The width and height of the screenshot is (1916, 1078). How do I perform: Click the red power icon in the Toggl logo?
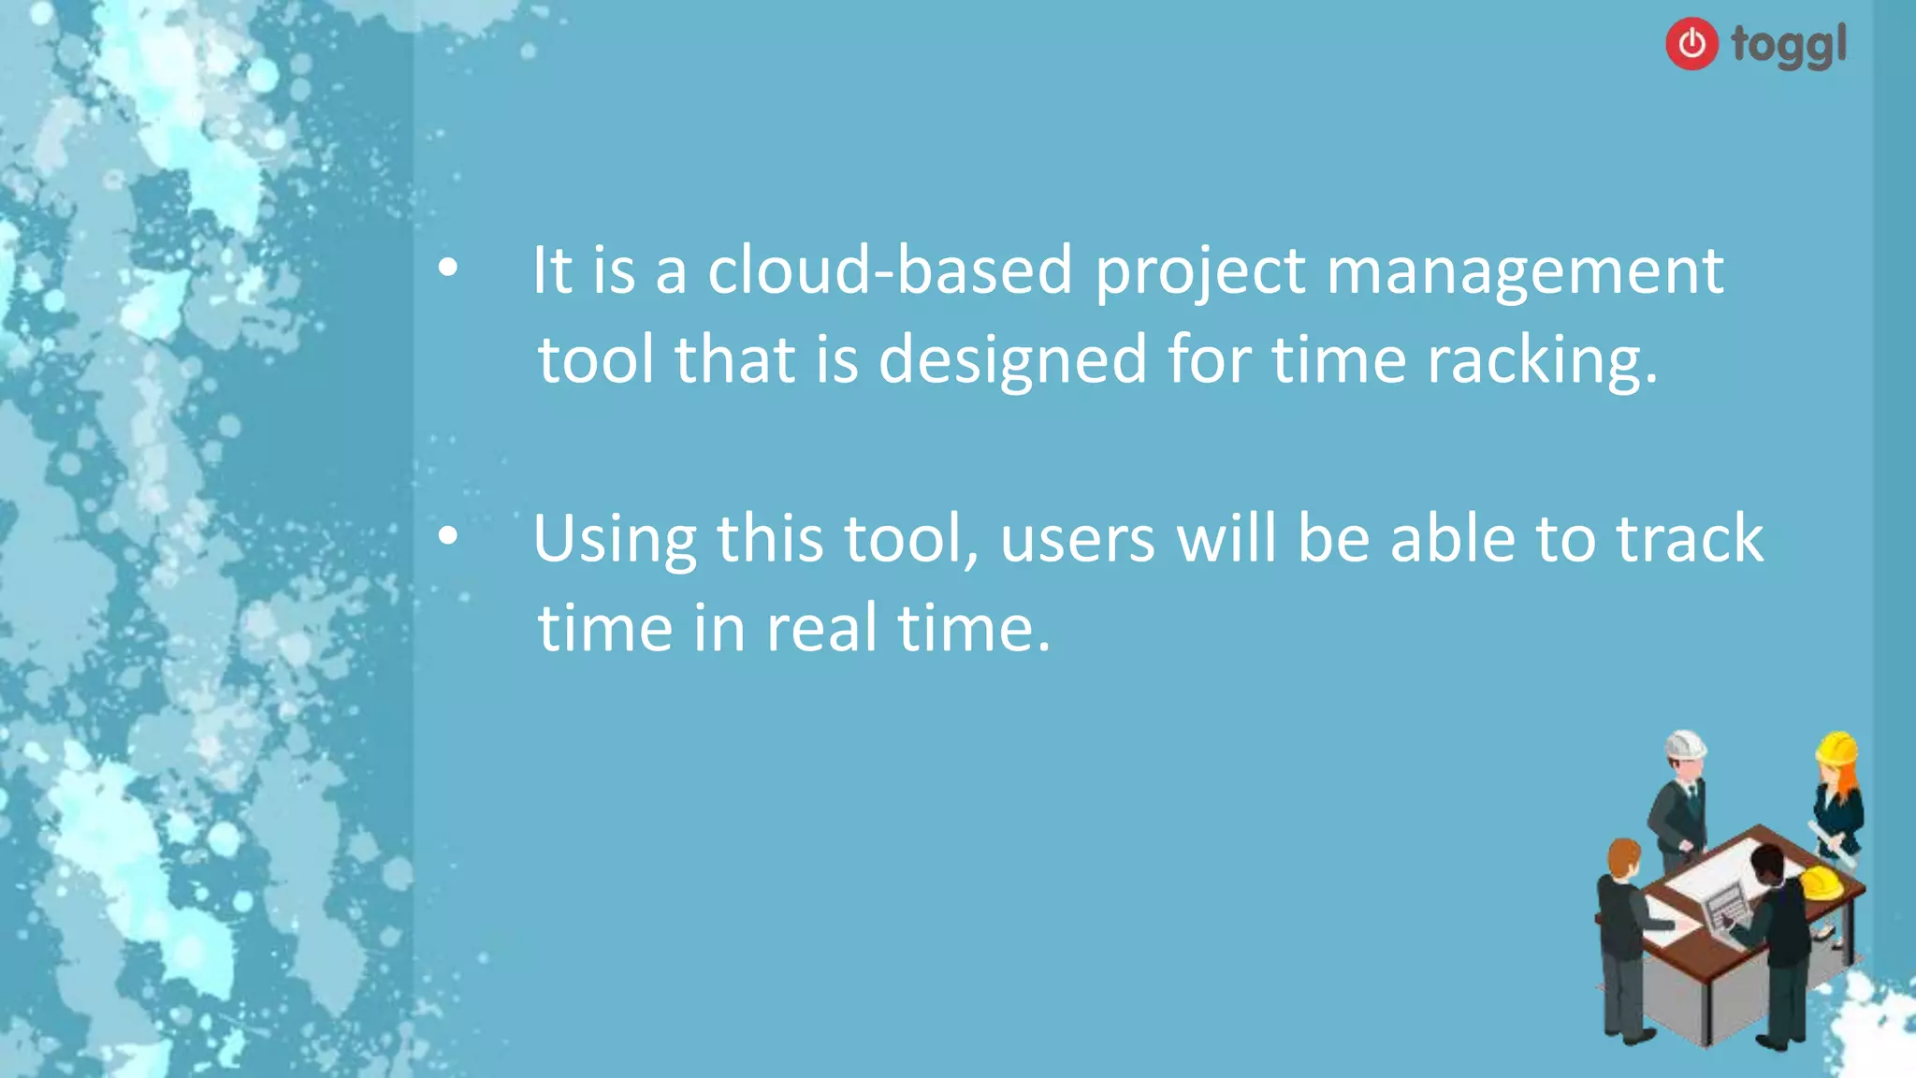pyautogui.click(x=1691, y=43)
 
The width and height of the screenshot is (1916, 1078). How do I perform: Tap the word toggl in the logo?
pyautogui.click(x=1789, y=45)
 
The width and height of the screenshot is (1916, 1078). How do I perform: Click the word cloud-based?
pyautogui.click(x=889, y=271)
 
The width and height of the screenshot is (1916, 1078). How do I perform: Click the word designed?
pyautogui.click(x=1012, y=360)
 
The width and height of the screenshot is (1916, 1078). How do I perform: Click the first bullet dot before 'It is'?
pyautogui.click(x=449, y=269)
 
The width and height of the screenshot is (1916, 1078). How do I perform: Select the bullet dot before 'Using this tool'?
pyautogui.click(x=449, y=537)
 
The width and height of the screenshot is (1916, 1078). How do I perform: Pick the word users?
pyautogui.click(x=1077, y=541)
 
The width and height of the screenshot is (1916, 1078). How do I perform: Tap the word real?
pyautogui.click(x=821, y=628)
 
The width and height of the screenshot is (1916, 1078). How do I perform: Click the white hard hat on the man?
pyautogui.click(x=1685, y=746)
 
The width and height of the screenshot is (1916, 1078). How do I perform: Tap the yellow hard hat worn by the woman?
pyautogui.click(x=1836, y=749)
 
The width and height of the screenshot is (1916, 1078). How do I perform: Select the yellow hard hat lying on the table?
pyautogui.click(x=1821, y=881)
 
